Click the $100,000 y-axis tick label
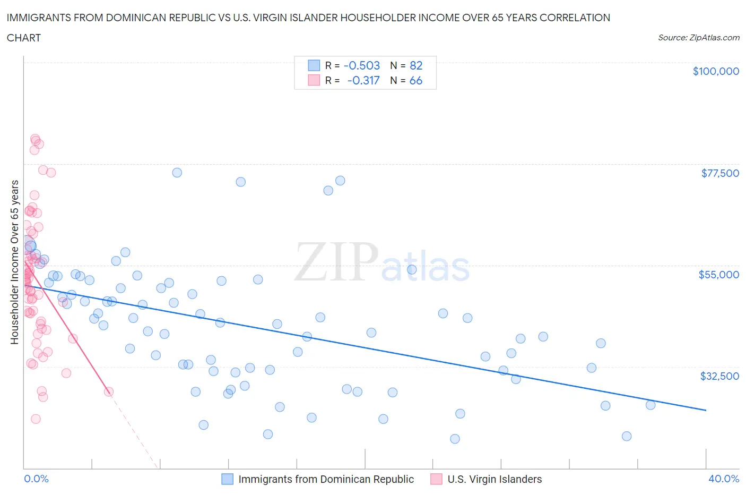pyautogui.click(x=716, y=71)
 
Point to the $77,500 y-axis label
pyautogui.click(x=720, y=173)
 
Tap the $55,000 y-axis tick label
pyautogui.click(x=718, y=275)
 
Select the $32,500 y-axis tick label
pyautogui.click(x=719, y=376)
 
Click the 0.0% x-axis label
pyautogui.click(x=36, y=479)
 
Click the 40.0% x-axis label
pyautogui.click(x=724, y=479)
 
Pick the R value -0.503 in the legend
pyautogui.click(x=362, y=65)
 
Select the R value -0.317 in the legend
pyautogui.click(x=363, y=80)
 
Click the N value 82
pyautogui.click(x=416, y=65)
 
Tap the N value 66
pyautogui.click(x=416, y=80)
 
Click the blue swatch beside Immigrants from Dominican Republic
pyautogui.click(x=227, y=479)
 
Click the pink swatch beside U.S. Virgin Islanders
pyautogui.click(x=436, y=479)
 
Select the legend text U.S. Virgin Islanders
pyautogui.click(x=495, y=479)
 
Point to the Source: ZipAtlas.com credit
pyautogui.click(x=698, y=37)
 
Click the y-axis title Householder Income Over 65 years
pyautogui.click(x=15, y=262)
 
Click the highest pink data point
pyautogui.click(x=35, y=139)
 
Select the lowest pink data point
pyautogui.click(x=36, y=419)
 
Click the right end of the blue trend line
pyautogui.click(x=706, y=410)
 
